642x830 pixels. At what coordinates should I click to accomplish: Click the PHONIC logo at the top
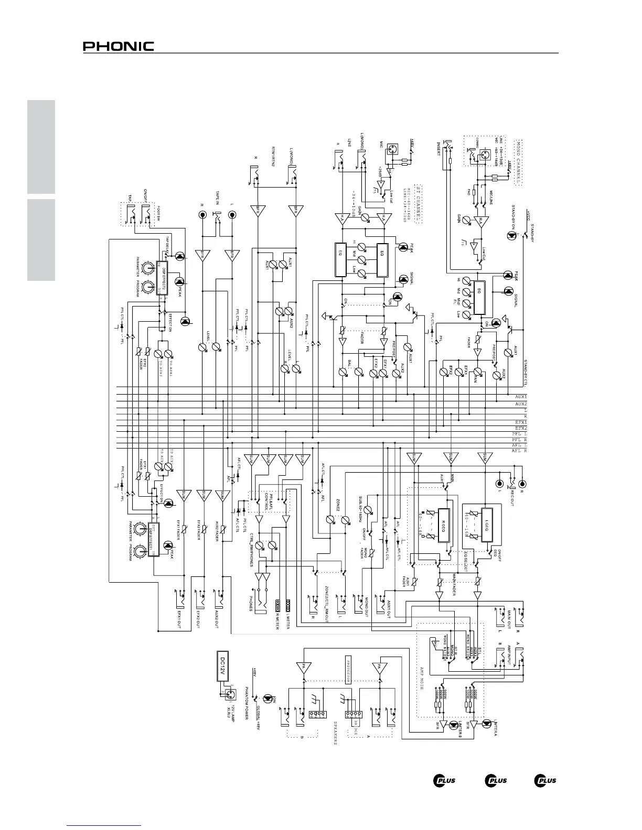pyautogui.click(x=118, y=47)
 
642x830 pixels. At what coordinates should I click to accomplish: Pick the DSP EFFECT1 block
pyautogui.click(x=154, y=539)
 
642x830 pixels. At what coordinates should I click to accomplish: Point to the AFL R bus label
pyautogui.click(x=519, y=451)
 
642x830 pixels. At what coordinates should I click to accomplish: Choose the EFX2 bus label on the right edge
pyautogui.click(x=520, y=428)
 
